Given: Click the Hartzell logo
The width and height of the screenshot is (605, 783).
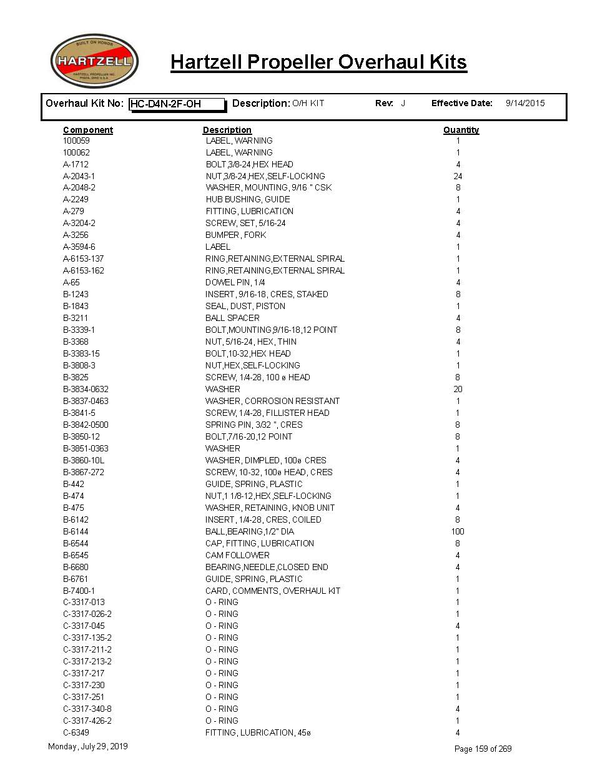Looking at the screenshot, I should [x=94, y=61].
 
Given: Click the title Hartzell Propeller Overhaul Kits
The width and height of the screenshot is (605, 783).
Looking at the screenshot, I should [x=318, y=62].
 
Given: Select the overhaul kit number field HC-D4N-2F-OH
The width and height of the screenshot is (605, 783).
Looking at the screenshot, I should [x=177, y=104].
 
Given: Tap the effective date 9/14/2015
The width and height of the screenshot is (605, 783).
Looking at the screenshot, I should [x=524, y=103].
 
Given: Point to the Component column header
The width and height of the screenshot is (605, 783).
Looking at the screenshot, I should [x=88, y=130].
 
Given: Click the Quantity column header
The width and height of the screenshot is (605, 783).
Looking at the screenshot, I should [x=461, y=130].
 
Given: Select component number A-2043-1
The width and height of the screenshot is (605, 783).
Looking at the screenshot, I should [x=79, y=176].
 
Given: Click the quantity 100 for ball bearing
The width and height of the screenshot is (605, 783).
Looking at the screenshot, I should [x=458, y=531].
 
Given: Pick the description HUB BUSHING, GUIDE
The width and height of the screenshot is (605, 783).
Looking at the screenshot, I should [x=248, y=199].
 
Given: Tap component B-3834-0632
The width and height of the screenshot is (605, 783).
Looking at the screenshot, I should [x=86, y=389].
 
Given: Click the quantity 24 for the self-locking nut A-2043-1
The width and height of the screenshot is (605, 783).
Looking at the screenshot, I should [x=458, y=176].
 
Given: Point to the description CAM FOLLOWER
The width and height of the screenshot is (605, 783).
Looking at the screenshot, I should [x=237, y=555].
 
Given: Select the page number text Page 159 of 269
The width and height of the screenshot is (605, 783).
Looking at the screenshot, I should [x=483, y=749].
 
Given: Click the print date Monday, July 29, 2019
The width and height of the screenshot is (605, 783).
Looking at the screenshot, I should [x=87, y=746].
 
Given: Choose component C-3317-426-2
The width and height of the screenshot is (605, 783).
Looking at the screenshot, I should [x=87, y=721].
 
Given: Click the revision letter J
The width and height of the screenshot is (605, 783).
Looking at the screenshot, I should [x=403, y=103].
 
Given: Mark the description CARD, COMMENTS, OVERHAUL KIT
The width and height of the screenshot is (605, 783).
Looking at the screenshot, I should [x=273, y=591].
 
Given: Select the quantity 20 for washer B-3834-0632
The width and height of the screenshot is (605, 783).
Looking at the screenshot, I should [x=458, y=389].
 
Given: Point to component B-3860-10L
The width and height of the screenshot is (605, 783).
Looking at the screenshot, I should [x=84, y=460].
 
